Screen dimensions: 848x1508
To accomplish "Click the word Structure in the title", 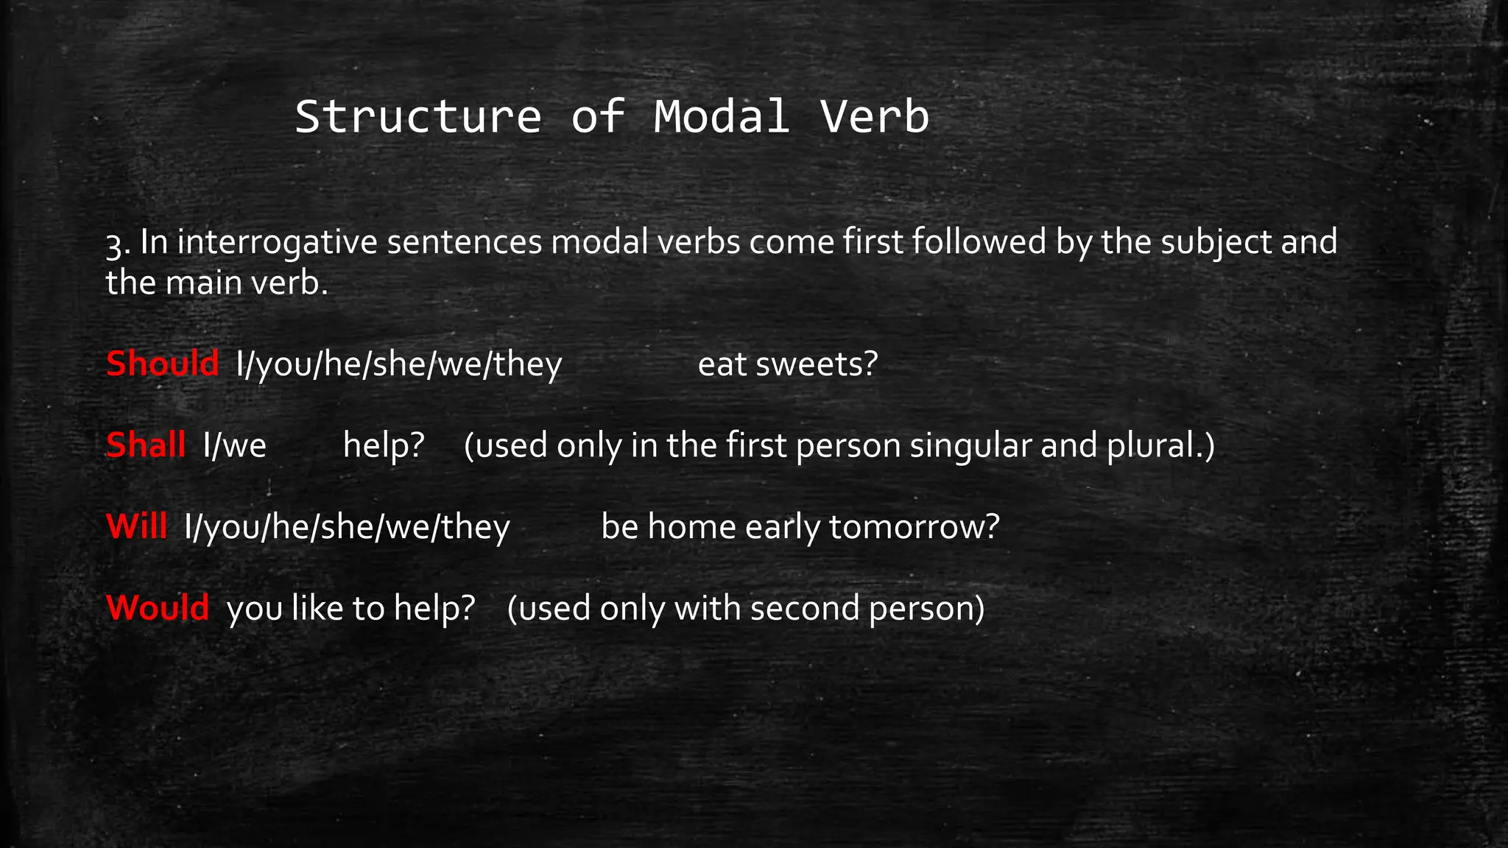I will pyautogui.click(x=417, y=117).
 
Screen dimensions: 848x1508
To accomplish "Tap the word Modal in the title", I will pyautogui.click(x=721, y=117).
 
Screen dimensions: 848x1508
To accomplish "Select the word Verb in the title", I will pyautogui.click(x=875, y=117).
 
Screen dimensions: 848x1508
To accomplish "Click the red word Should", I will pyautogui.click(x=162, y=364).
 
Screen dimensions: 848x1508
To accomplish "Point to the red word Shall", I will pyautogui.click(x=145, y=445).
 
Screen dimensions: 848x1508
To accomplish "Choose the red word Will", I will pyautogui.click(x=136, y=526).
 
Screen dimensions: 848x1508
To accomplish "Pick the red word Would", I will pyautogui.click(x=158, y=608).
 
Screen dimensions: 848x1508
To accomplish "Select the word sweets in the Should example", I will pyautogui.click(x=817, y=364).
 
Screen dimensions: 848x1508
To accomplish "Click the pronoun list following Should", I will pyautogui.click(x=399, y=364).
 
